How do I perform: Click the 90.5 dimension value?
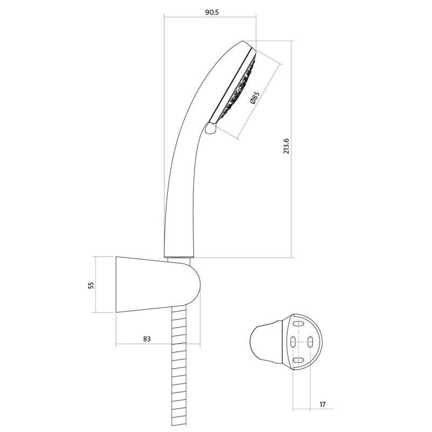[212, 12]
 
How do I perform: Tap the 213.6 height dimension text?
[287, 146]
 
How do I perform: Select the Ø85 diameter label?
[255, 98]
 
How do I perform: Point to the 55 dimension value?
[91, 285]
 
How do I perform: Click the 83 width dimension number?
[147, 339]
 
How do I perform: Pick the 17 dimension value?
[322, 404]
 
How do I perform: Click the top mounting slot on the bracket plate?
[299, 324]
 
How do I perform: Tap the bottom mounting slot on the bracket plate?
[299, 360]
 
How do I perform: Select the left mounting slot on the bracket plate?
[293, 342]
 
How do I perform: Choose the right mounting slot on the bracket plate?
[310, 342]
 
